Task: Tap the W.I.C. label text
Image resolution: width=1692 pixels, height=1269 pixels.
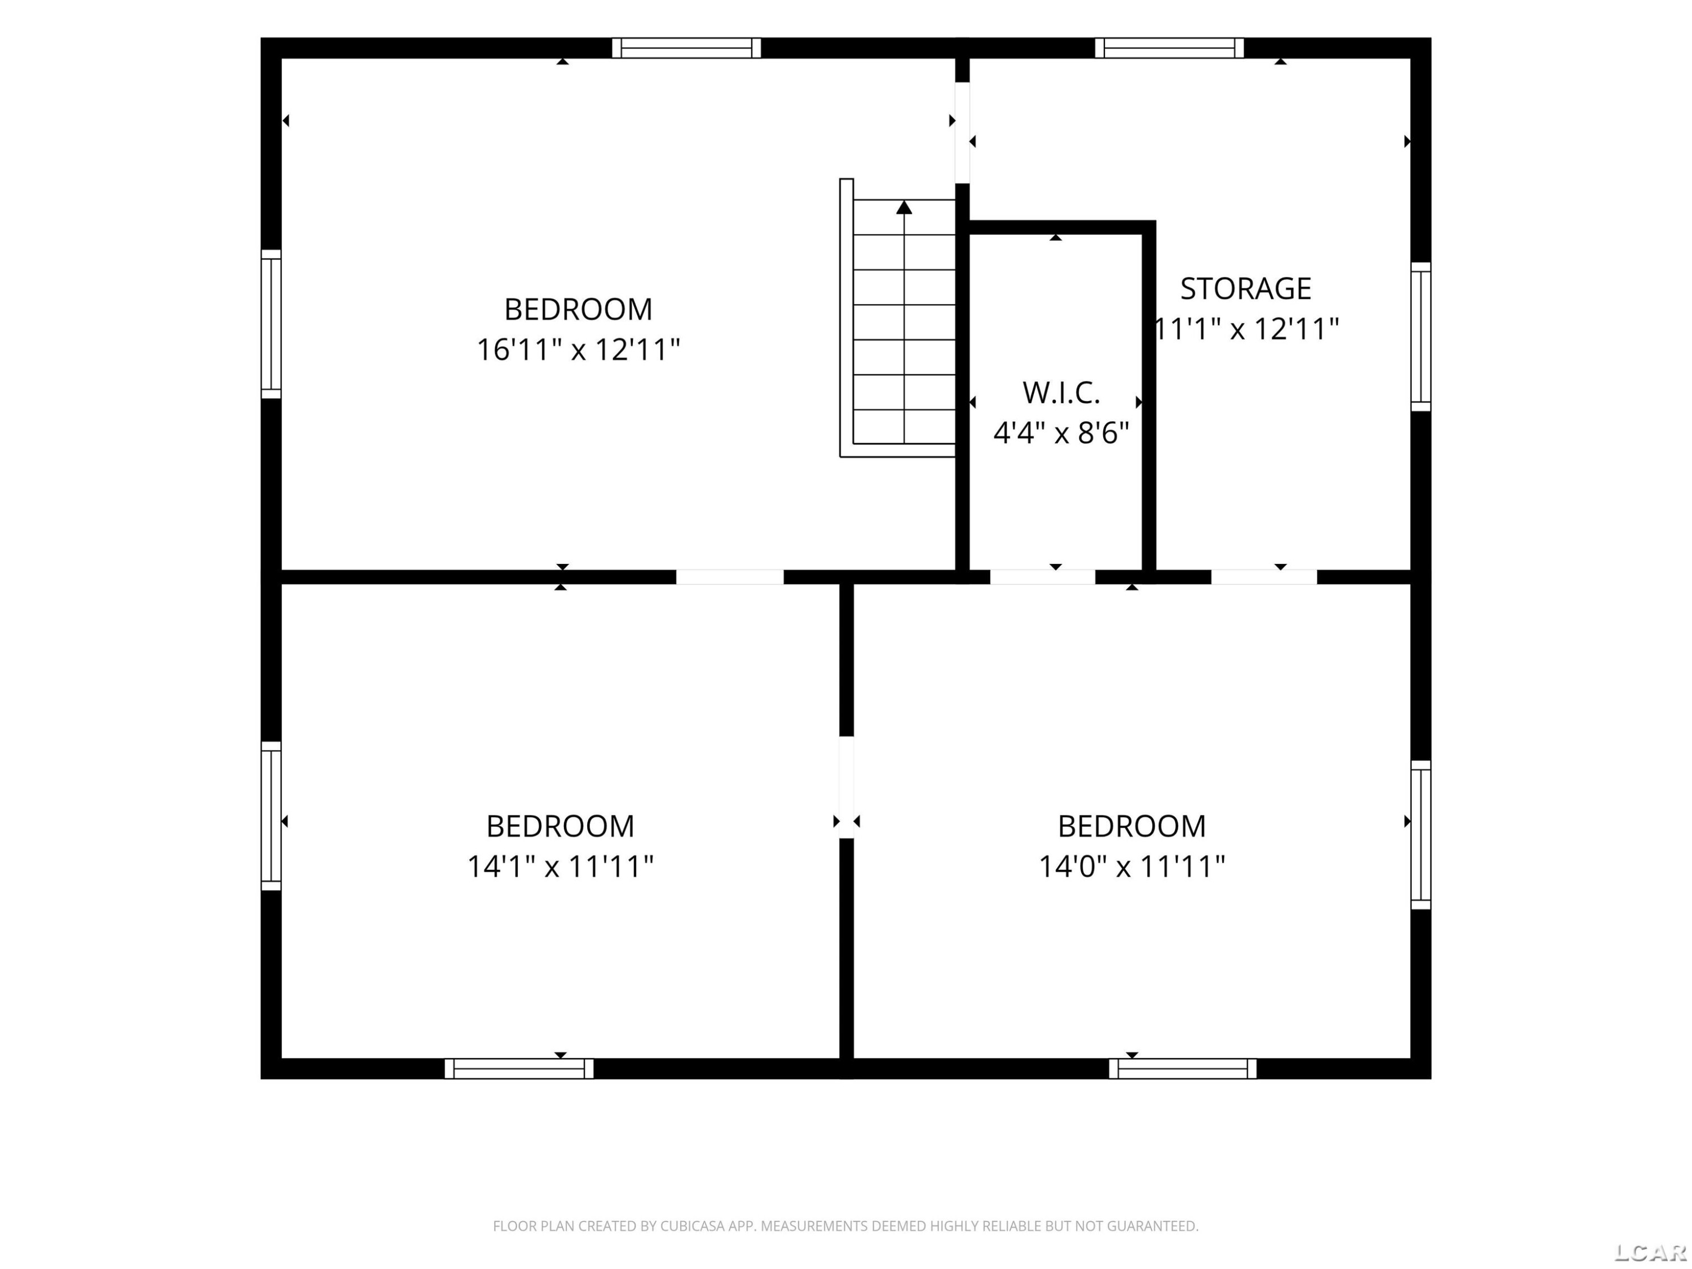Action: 1061,393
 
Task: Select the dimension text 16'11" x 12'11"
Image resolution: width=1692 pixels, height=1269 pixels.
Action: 578,350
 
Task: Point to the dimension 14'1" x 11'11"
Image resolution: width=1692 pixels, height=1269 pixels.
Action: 560,867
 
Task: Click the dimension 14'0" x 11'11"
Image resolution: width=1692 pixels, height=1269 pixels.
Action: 1131,867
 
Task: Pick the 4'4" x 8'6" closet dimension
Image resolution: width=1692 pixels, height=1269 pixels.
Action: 1061,434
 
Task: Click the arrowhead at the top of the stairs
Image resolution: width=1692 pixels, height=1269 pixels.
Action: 904,208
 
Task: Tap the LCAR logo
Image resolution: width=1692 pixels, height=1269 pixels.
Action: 1650,1252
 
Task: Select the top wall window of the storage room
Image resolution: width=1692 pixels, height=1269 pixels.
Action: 1170,48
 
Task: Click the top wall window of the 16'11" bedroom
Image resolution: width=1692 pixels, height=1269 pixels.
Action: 686,48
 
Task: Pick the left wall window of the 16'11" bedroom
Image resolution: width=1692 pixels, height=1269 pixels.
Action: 271,324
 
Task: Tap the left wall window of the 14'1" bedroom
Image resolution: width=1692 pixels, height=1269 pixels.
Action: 271,816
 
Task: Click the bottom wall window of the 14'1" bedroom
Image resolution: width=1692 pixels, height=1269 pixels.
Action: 519,1069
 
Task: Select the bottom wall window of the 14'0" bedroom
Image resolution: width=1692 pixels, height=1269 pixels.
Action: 1183,1069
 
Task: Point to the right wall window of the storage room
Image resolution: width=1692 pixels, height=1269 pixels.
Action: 1421,337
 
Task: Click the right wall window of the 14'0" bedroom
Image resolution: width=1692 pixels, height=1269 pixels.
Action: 1421,835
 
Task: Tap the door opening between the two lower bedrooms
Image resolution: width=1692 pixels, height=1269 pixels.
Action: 846,787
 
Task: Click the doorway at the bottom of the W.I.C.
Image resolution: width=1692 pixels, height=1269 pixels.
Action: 1043,577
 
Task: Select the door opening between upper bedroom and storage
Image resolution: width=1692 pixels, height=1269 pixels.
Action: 962,133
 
